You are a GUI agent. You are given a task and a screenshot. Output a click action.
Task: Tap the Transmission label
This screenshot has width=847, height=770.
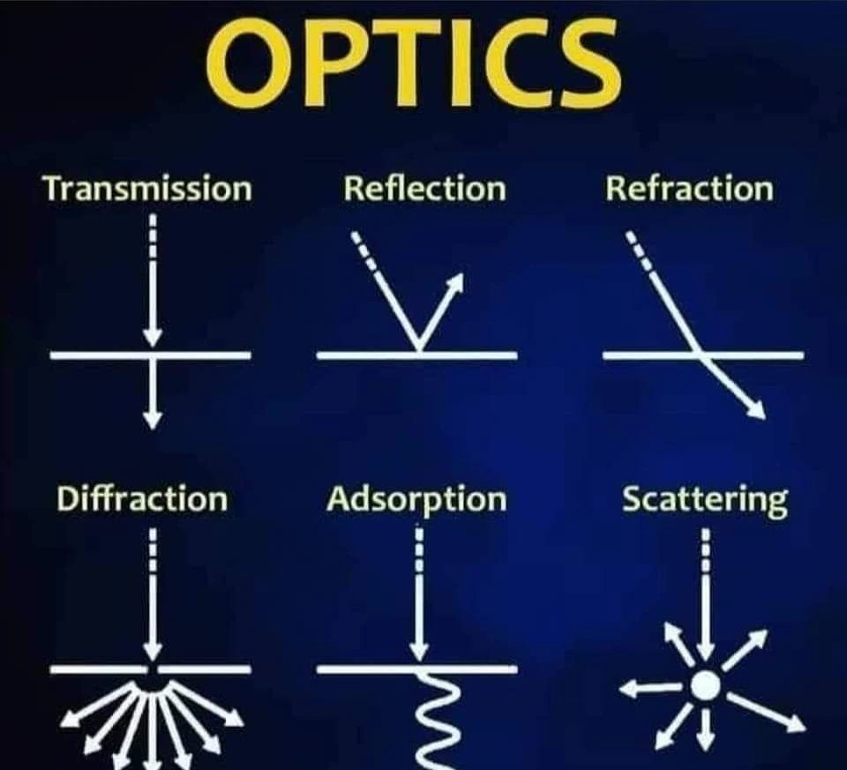(147, 190)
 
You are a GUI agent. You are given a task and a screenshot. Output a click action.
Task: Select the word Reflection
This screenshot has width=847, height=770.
(424, 189)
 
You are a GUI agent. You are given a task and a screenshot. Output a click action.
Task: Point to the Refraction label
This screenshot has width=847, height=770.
(688, 189)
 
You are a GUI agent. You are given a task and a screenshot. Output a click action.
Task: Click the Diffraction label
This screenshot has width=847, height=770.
(141, 499)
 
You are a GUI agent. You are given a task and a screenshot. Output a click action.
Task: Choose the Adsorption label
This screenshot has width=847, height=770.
(416, 499)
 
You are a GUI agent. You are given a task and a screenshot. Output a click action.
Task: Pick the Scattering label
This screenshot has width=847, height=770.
(704, 499)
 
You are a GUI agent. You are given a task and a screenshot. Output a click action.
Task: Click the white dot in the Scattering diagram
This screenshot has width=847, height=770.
(704, 686)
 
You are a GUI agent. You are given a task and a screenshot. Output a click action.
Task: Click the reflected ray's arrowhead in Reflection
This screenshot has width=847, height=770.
(455, 283)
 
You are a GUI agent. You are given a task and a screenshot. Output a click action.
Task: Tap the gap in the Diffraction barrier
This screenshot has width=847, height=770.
(153, 669)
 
